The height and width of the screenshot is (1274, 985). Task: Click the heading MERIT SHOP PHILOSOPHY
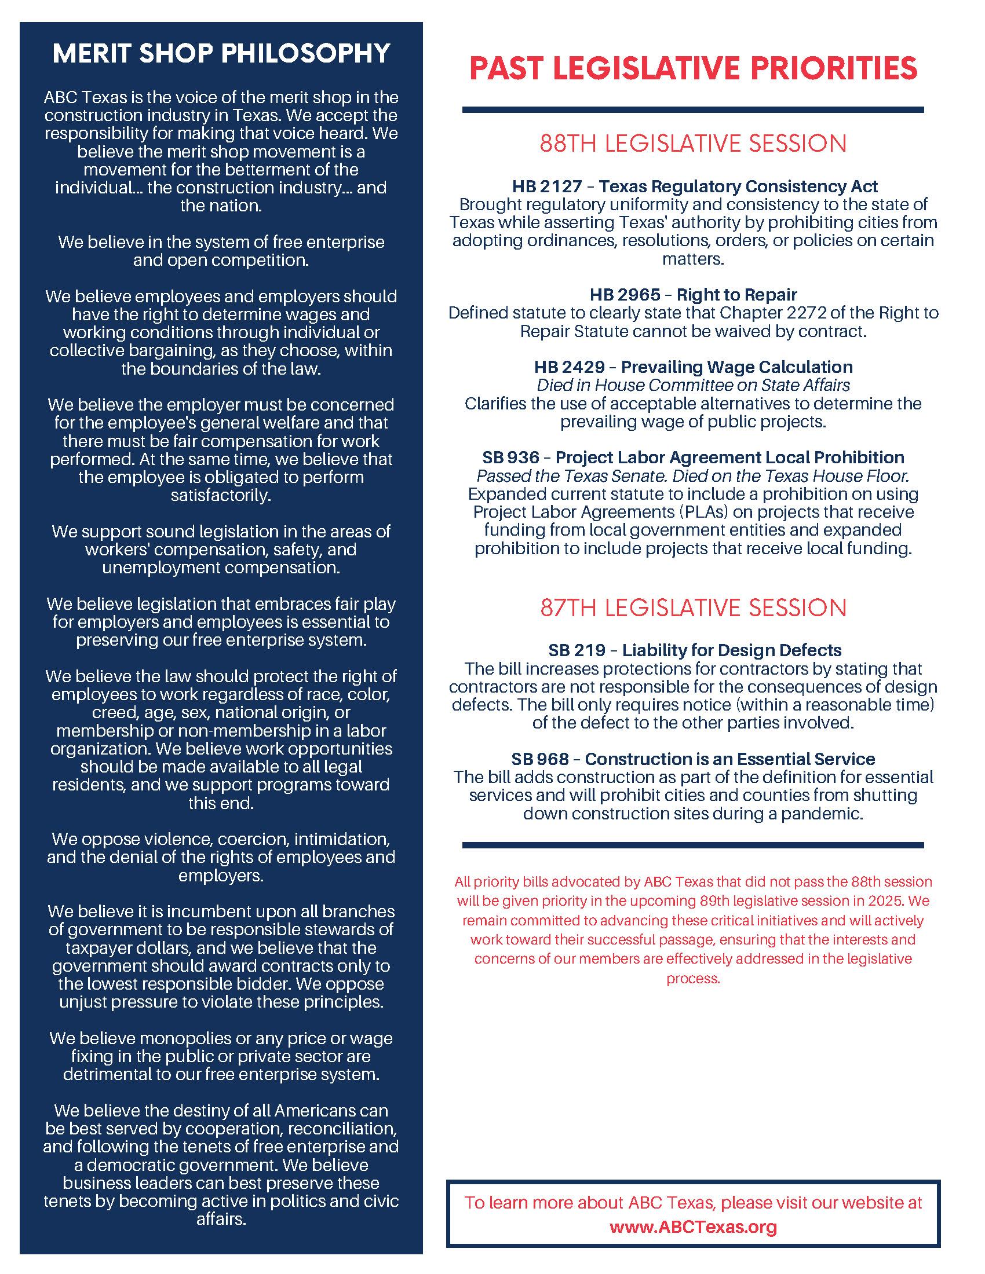click(x=221, y=54)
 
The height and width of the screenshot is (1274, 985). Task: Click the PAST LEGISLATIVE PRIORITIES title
click(x=693, y=68)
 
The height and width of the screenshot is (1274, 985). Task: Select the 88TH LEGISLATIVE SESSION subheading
click(x=692, y=144)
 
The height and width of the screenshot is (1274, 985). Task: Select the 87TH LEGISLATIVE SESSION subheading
click(x=692, y=607)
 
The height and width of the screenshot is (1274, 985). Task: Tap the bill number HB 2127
click(x=547, y=186)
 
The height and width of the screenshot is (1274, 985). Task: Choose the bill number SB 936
click(x=510, y=457)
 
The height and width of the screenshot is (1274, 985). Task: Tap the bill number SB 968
click(x=540, y=759)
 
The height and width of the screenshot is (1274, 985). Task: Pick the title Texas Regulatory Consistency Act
click(x=738, y=186)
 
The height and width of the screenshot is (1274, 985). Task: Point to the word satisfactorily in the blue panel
click(x=221, y=495)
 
